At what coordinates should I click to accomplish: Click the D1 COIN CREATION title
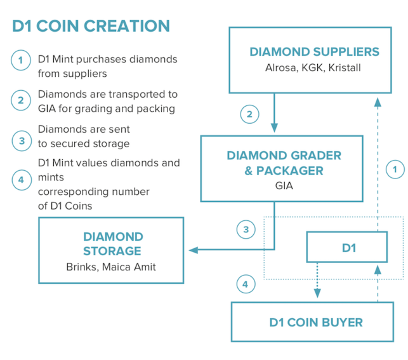click(91, 26)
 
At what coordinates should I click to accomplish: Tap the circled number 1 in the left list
click(21, 60)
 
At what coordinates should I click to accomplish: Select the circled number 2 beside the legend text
click(21, 100)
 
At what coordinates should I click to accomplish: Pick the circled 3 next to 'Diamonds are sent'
click(22, 141)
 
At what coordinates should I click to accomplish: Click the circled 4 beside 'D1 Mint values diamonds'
click(22, 180)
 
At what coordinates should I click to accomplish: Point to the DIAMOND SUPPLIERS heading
click(314, 51)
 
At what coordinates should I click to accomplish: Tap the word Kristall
click(345, 68)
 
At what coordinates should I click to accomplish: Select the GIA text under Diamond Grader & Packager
click(284, 185)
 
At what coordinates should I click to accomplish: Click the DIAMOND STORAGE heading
click(113, 244)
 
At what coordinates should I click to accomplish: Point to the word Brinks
click(82, 267)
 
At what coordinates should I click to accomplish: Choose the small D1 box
click(347, 247)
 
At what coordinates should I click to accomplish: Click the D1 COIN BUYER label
click(316, 323)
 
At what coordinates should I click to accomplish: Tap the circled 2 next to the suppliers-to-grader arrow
click(249, 114)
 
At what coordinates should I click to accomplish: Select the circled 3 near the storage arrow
click(246, 229)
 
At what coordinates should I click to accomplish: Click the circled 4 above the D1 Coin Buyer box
click(246, 284)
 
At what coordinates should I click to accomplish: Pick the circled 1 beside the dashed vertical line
click(395, 169)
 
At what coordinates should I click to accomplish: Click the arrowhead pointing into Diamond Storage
click(194, 250)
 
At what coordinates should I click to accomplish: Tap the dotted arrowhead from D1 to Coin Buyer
click(317, 293)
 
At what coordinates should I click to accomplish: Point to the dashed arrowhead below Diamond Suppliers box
click(378, 102)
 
